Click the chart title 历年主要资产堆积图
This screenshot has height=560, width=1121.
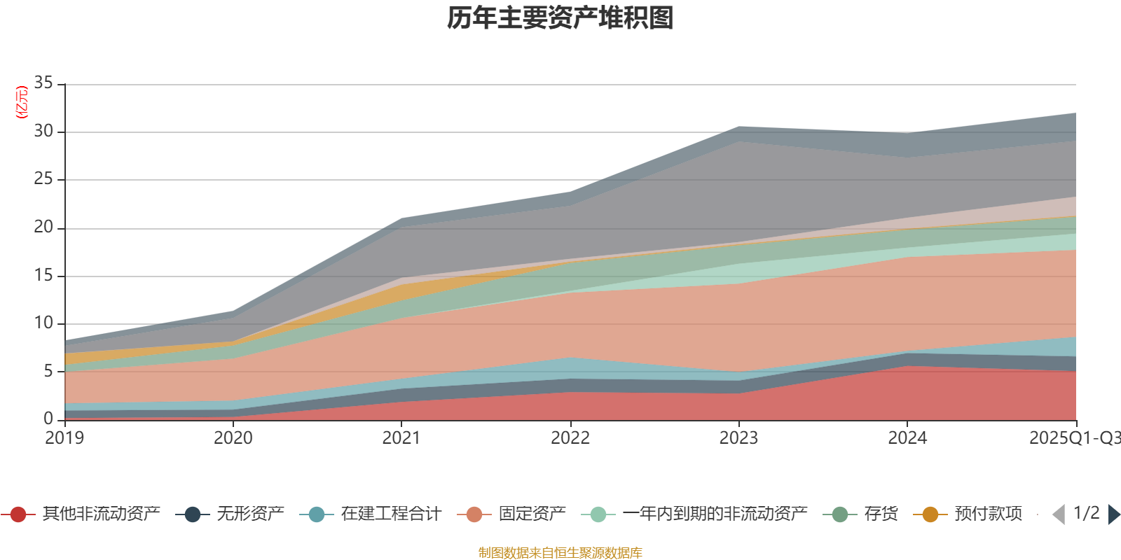[560, 18]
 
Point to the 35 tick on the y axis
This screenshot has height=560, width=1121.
[43, 83]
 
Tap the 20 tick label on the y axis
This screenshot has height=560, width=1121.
[43, 227]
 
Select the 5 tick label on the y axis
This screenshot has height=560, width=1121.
[48, 371]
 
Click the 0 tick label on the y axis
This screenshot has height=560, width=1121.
[48, 419]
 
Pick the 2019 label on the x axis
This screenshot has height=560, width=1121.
[64, 438]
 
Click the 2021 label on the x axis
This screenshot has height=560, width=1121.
[401, 438]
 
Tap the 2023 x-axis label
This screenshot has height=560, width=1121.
[738, 438]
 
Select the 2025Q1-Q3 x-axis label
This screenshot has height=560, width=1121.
[1074, 438]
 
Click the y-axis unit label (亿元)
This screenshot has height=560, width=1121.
[22, 102]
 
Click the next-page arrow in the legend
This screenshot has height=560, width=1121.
[1114, 514]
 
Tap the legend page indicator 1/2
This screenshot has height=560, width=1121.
[1086, 513]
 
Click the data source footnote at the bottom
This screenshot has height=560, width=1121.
[560, 553]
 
